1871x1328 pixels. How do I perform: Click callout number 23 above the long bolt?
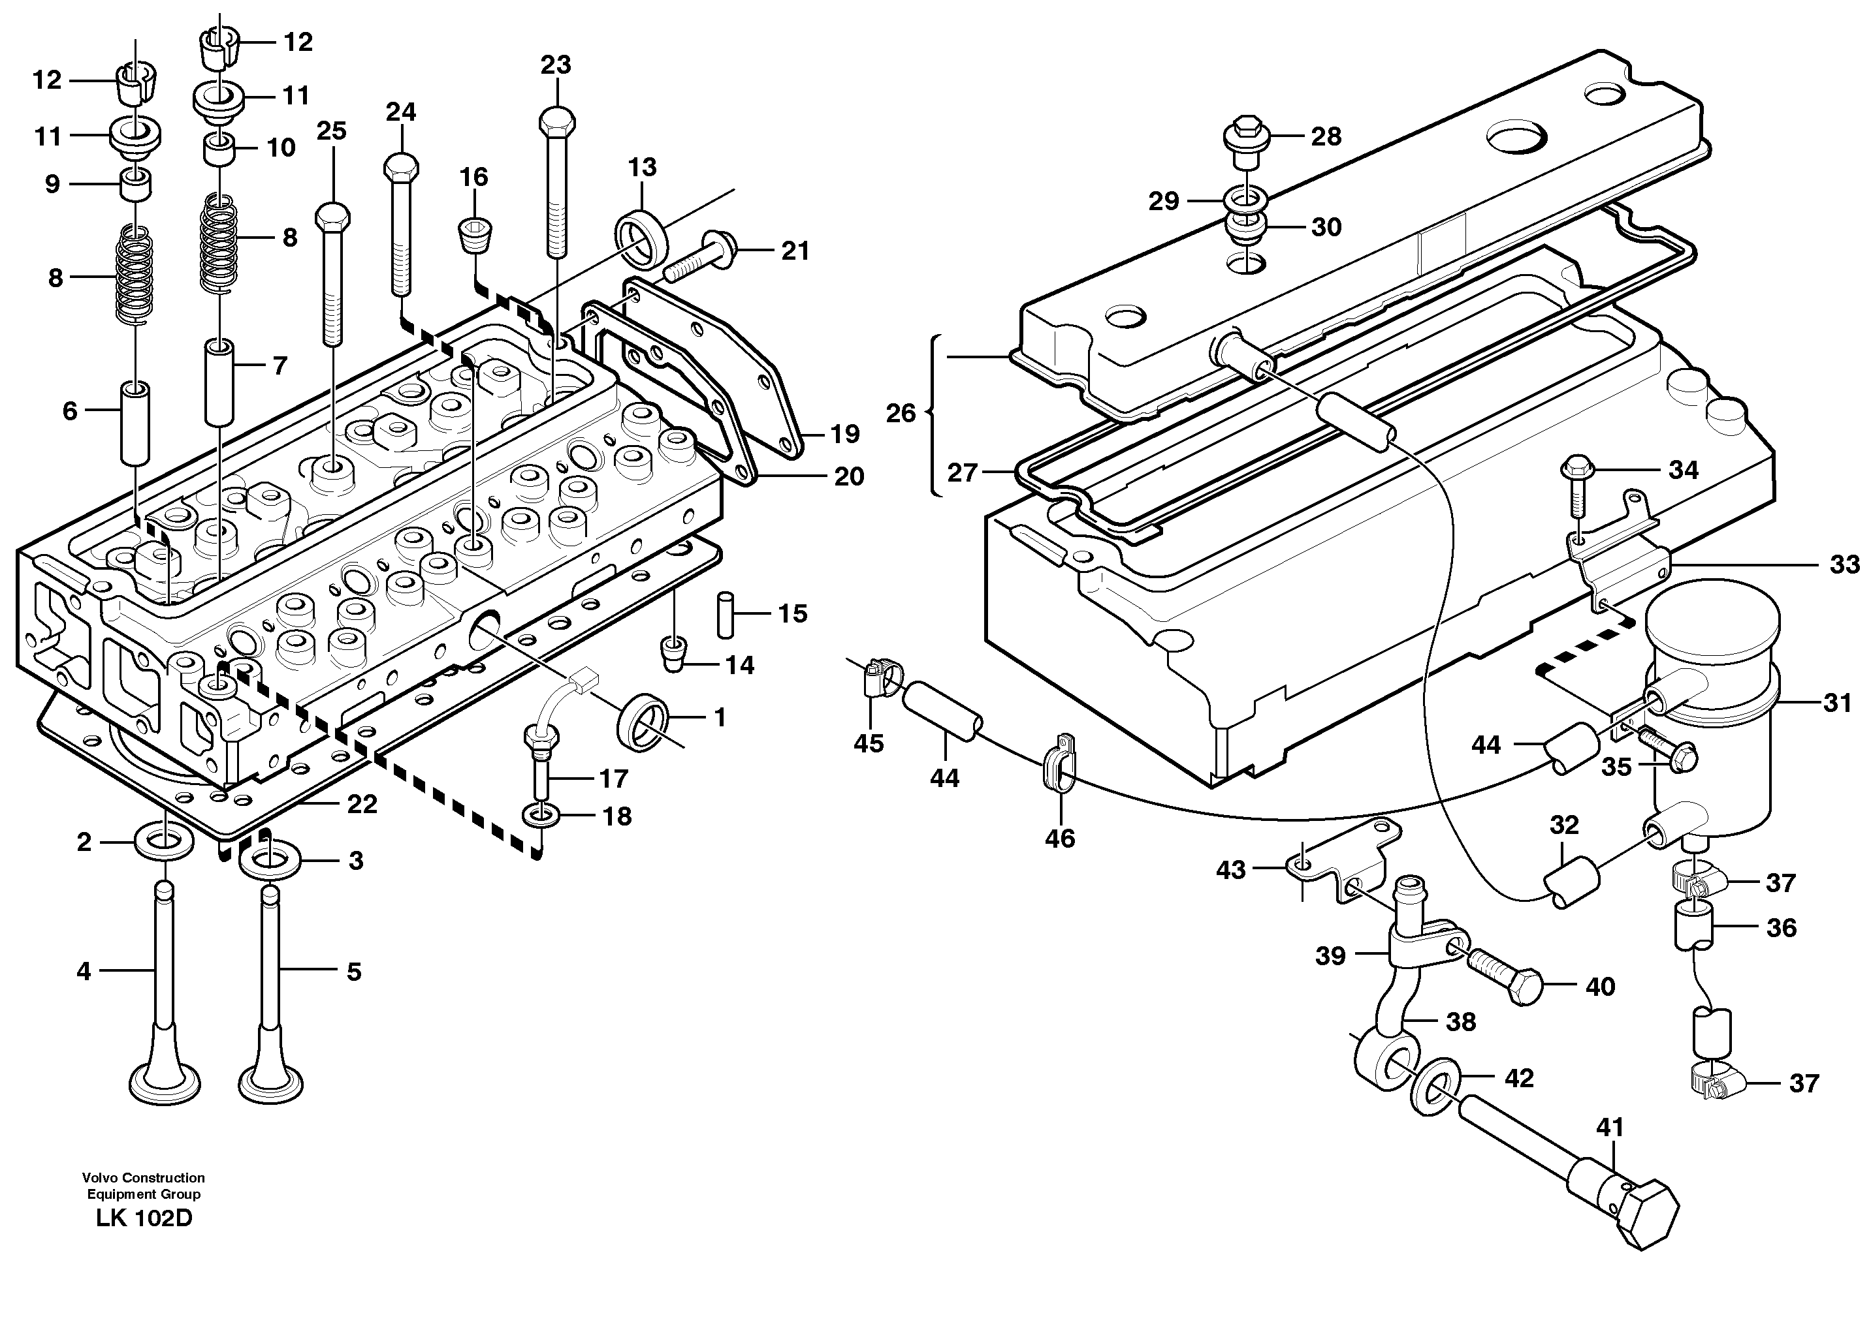click(x=556, y=65)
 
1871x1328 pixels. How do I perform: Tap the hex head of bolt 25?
click(x=332, y=217)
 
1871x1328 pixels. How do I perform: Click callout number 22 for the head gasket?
click(x=362, y=804)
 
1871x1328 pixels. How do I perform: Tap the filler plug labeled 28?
click(x=1245, y=141)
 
